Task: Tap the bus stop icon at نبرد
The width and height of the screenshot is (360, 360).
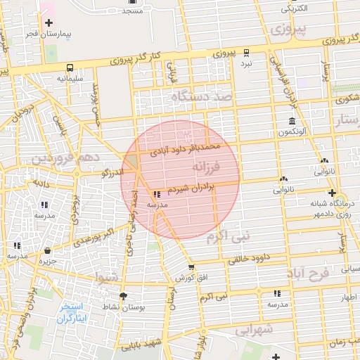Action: pos(246,53)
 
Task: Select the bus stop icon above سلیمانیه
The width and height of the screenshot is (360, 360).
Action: pos(70,68)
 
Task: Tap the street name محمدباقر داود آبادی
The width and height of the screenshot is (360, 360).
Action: pos(185,150)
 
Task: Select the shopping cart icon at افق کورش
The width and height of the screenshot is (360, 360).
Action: pos(191,267)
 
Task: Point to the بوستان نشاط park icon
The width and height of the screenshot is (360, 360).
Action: pos(124,296)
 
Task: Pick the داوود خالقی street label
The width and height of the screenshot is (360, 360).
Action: pos(248,259)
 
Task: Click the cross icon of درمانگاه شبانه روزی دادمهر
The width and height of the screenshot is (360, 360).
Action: pos(332,193)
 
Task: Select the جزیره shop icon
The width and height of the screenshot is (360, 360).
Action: pos(47,250)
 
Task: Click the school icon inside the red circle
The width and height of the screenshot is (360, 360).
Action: pos(155,193)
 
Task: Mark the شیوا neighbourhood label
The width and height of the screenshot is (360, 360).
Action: pos(108,277)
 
